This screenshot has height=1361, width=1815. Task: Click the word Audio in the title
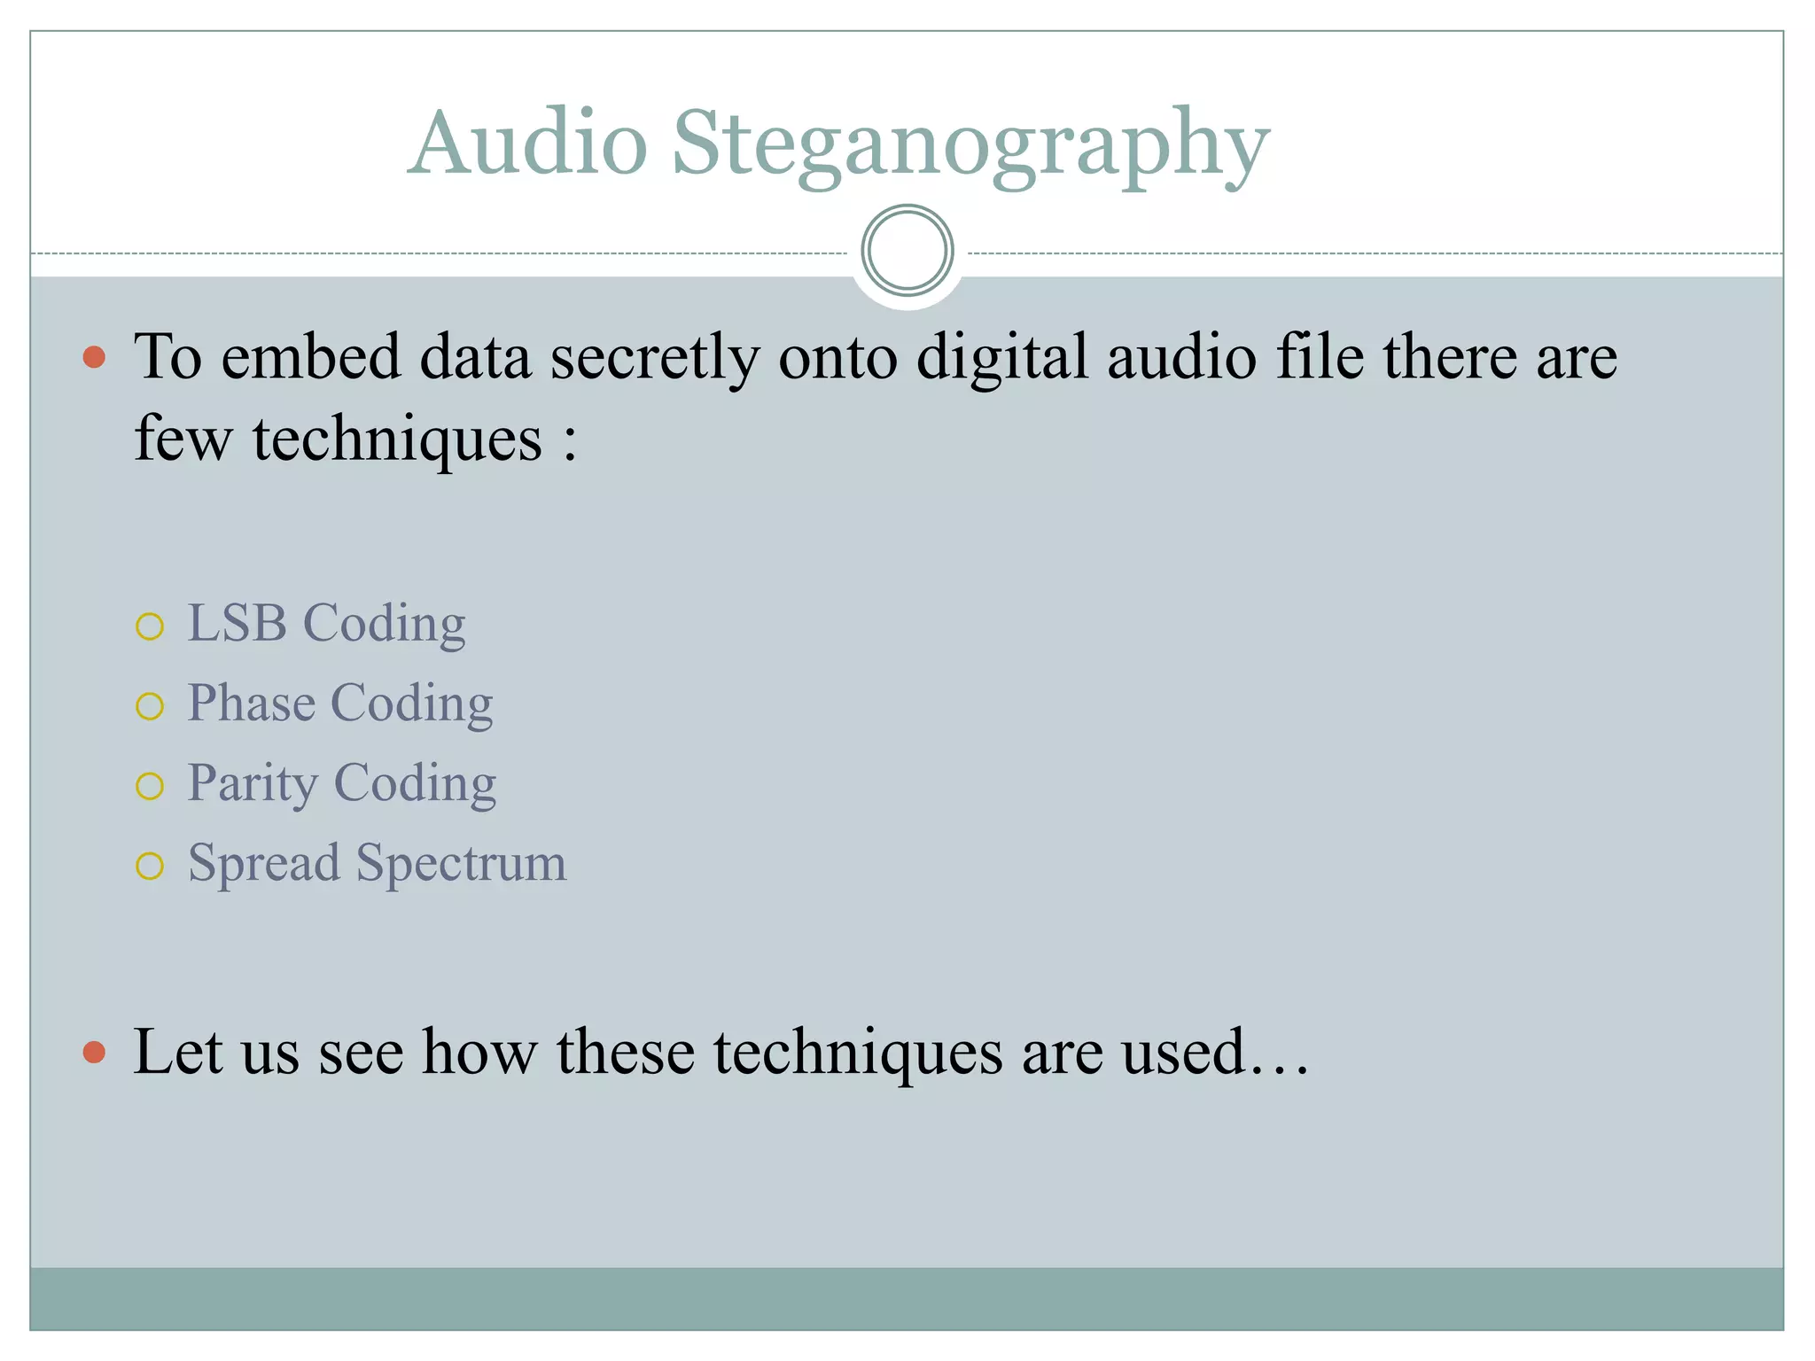click(529, 144)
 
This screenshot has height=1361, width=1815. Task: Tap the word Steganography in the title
click(970, 146)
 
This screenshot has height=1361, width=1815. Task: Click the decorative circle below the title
click(907, 251)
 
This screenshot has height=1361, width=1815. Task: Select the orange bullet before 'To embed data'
click(94, 358)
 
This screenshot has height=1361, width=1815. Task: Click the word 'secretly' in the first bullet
click(654, 358)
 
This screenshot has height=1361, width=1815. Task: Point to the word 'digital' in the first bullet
click(1001, 358)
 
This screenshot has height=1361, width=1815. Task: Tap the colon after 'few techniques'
click(570, 440)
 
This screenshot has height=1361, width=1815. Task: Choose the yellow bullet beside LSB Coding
click(150, 626)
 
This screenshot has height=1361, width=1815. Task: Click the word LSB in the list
click(238, 623)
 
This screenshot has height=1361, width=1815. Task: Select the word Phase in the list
click(252, 704)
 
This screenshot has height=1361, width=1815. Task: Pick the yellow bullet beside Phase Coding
click(150, 706)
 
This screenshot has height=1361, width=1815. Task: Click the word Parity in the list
click(253, 784)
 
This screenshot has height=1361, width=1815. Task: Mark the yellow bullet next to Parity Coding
click(150, 786)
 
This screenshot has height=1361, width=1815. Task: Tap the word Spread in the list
click(264, 864)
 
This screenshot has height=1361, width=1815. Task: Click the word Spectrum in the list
click(461, 864)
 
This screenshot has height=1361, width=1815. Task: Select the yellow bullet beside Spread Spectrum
click(150, 866)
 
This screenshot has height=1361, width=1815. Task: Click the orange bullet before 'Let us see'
click(94, 1053)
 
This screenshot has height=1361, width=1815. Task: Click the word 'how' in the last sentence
click(479, 1052)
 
